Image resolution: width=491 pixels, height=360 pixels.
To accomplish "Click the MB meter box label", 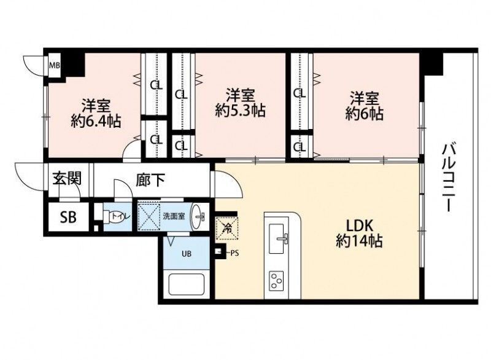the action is [x=55, y=66].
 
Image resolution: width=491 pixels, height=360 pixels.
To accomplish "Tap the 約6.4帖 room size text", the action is [x=96, y=121].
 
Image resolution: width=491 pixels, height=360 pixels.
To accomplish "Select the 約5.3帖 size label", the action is [x=241, y=111].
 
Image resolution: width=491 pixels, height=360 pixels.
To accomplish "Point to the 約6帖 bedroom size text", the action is [x=364, y=114].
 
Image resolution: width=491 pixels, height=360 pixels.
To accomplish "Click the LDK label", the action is [x=359, y=225].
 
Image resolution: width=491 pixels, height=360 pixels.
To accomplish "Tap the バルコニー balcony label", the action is [x=449, y=178].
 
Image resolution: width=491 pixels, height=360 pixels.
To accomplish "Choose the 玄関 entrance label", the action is [x=67, y=179].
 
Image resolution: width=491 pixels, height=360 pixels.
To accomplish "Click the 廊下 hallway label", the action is [x=150, y=180].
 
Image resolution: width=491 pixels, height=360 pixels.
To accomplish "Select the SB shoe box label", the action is [x=68, y=217].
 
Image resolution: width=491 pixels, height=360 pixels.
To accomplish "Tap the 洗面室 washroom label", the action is [x=174, y=216].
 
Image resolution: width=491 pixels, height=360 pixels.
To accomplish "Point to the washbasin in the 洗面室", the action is [x=198, y=216].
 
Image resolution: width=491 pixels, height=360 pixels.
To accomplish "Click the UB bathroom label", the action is [x=187, y=254].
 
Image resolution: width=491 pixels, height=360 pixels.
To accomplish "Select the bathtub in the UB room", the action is [x=187, y=284].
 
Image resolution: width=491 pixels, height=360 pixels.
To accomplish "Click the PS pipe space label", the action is [x=234, y=253].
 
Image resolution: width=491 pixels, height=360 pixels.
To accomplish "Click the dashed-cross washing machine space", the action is [x=149, y=216].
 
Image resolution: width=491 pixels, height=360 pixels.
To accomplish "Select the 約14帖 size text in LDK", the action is [x=359, y=241].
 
